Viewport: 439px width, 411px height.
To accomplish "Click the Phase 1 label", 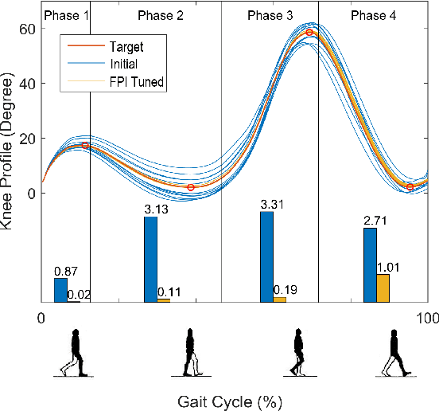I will [65, 15].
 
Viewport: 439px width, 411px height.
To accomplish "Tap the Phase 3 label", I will [270, 15].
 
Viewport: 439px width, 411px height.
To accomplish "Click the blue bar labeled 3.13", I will [150, 259].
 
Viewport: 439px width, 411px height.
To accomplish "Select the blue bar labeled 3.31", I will [266, 256].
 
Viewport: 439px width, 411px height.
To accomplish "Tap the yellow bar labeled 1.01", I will [383, 288].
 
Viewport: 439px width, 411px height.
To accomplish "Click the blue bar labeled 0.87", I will [60, 290].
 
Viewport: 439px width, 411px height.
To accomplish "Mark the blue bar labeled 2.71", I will [370, 264].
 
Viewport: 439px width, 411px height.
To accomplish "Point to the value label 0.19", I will [284, 289].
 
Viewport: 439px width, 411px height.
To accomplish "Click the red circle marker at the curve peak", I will [309, 33].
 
